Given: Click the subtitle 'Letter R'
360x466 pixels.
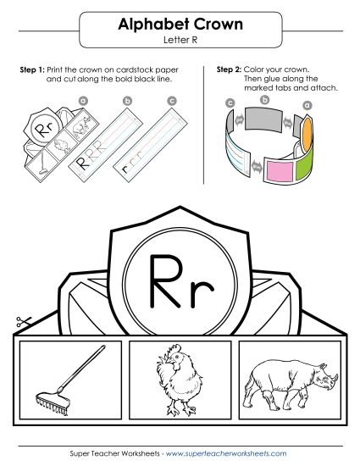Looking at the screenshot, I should pyautogui.click(x=180, y=40).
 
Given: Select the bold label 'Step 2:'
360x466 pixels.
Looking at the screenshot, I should pyautogui.click(x=231, y=69).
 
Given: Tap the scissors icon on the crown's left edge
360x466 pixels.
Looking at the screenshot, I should pyautogui.click(x=21, y=322).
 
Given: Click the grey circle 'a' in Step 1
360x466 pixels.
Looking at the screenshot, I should pyautogui.click(x=83, y=100).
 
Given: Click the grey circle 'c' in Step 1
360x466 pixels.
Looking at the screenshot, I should pyautogui.click(x=172, y=100).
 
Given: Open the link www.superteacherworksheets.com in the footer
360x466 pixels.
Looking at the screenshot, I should pyautogui.click(x=227, y=455).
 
